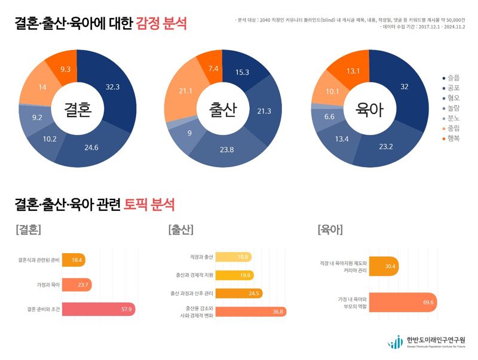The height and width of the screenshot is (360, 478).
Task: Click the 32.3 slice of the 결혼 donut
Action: pyautogui.click(x=112, y=87)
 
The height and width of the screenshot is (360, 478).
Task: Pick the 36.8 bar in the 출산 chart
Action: pyautogui.click(x=251, y=311)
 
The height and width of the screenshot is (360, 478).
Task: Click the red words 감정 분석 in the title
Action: pyautogui.click(x=161, y=24)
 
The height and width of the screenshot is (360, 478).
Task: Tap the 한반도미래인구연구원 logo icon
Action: pyautogui.click(x=395, y=343)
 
